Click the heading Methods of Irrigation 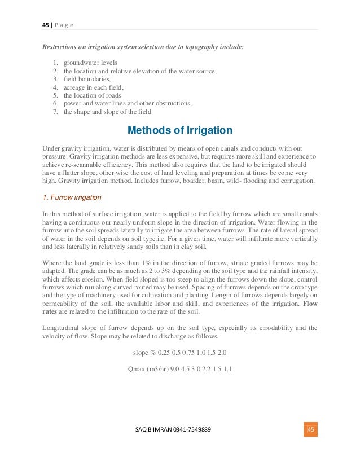coord(179,130)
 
